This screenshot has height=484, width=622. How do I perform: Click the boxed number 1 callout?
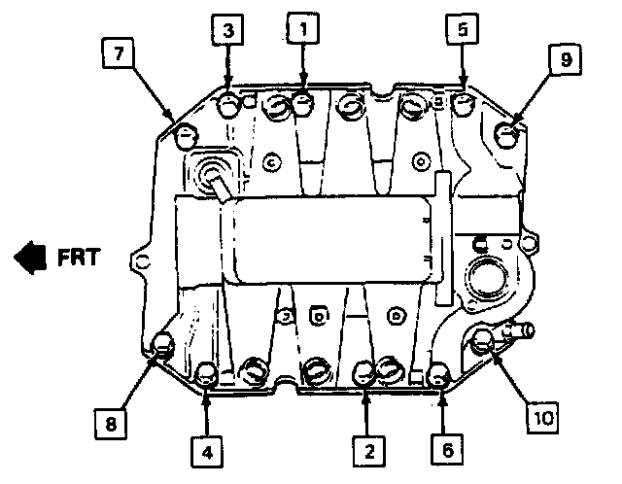pos(304,31)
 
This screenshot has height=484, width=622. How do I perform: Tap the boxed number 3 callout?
pos(227,31)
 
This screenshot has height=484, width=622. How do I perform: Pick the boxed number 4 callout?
pos(207,450)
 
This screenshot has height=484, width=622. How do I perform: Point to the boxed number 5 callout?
pos(462,31)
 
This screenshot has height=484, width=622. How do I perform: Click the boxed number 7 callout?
pos(118,55)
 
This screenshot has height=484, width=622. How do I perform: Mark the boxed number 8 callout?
pos(111,423)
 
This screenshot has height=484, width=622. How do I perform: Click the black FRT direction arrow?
pos(30,258)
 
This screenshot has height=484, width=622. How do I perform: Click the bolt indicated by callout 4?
pos(207,372)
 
